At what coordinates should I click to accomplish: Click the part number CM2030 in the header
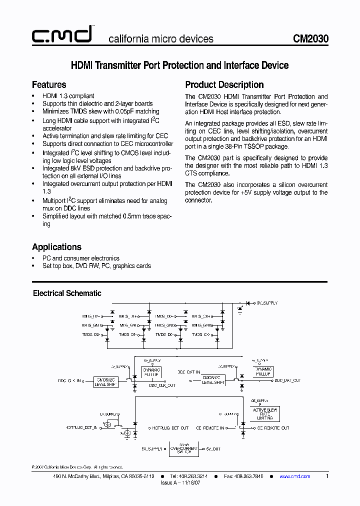tap(310, 39)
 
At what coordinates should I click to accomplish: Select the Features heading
tap(49, 84)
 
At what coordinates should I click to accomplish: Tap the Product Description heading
tap(224, 84)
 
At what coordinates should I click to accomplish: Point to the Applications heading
tap(56, 247)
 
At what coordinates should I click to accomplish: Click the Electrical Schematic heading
tap(67, 293)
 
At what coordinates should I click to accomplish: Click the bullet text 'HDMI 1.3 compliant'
tap(68, 96)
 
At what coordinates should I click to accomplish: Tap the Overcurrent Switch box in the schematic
tap(184, 448)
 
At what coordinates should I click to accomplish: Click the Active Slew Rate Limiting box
tap(265, 414)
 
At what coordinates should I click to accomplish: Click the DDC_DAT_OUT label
tap(287, 380)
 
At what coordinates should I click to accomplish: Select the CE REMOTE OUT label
tap(270, 428)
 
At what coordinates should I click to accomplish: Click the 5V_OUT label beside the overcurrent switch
tap(213, 449)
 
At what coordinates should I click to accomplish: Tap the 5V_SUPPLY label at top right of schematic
tap(266, 303)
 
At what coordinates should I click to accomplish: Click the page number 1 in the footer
tap(327, 476)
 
